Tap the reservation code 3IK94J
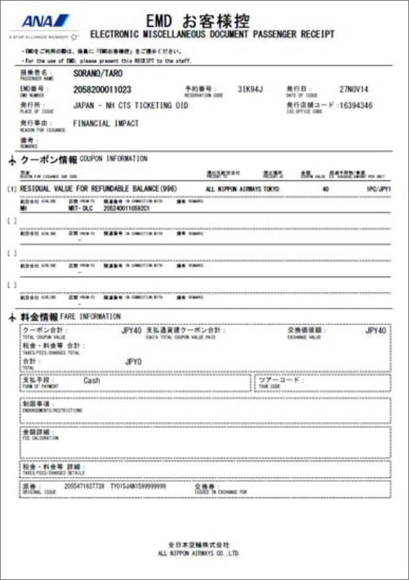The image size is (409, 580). [x=253, y=89]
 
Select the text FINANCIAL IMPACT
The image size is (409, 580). [x=106, y=124]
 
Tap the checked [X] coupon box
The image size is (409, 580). [x=11, y=189]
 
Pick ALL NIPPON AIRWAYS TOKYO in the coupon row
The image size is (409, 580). [x=243, y=189]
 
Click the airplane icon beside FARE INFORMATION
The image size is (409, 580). [x=10, y=318]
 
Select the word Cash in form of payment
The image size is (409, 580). [x=92, y=379]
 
